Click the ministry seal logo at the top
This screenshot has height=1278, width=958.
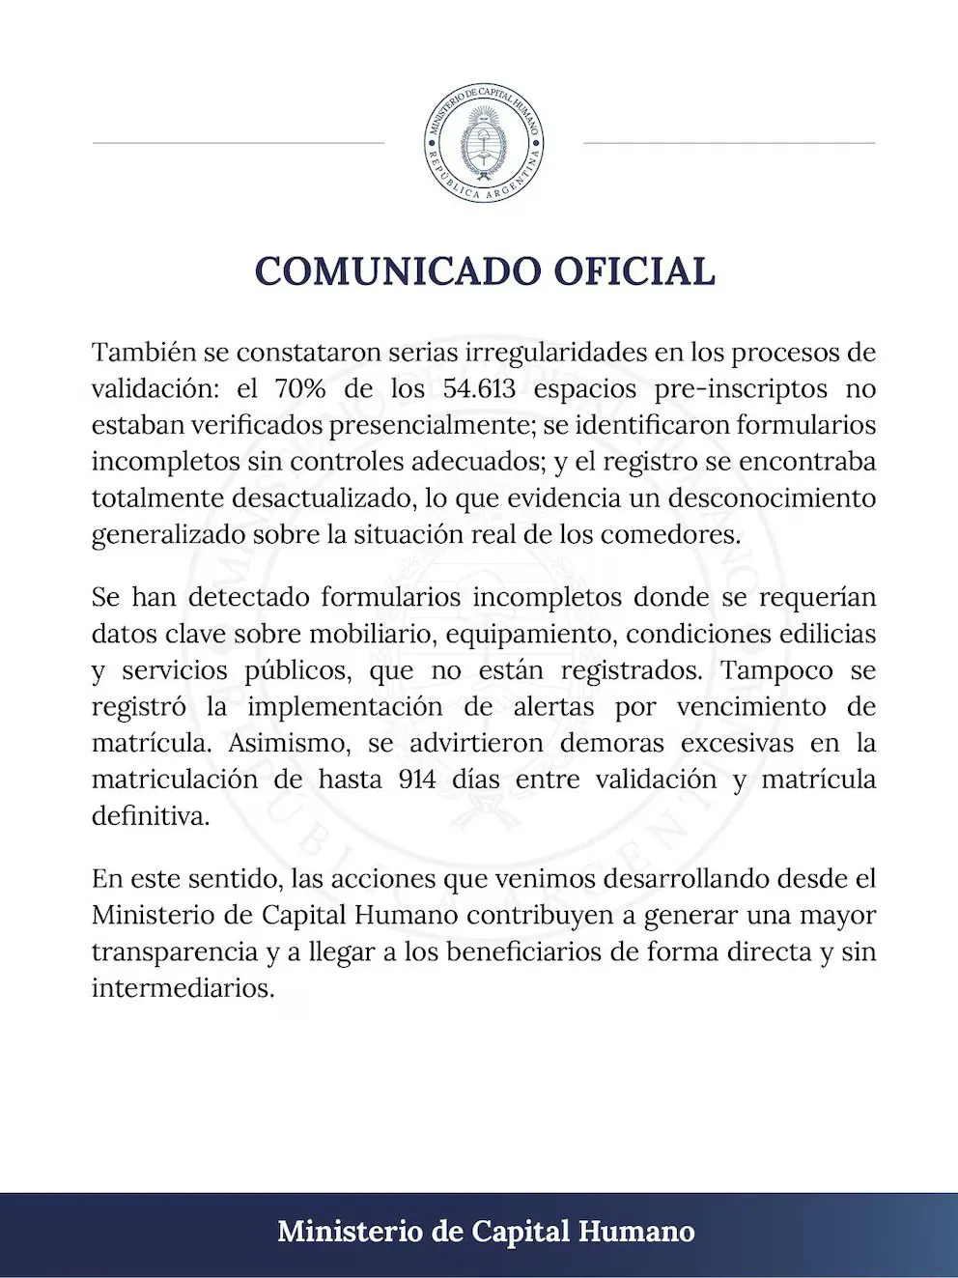coord(484,143)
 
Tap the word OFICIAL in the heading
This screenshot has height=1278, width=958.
coord(634,271)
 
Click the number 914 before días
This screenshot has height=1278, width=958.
coord(417,780)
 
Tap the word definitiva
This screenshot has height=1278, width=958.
coord(150,816)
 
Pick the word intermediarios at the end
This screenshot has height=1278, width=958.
coord(183,989)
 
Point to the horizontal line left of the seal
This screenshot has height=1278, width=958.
coord(238,143)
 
